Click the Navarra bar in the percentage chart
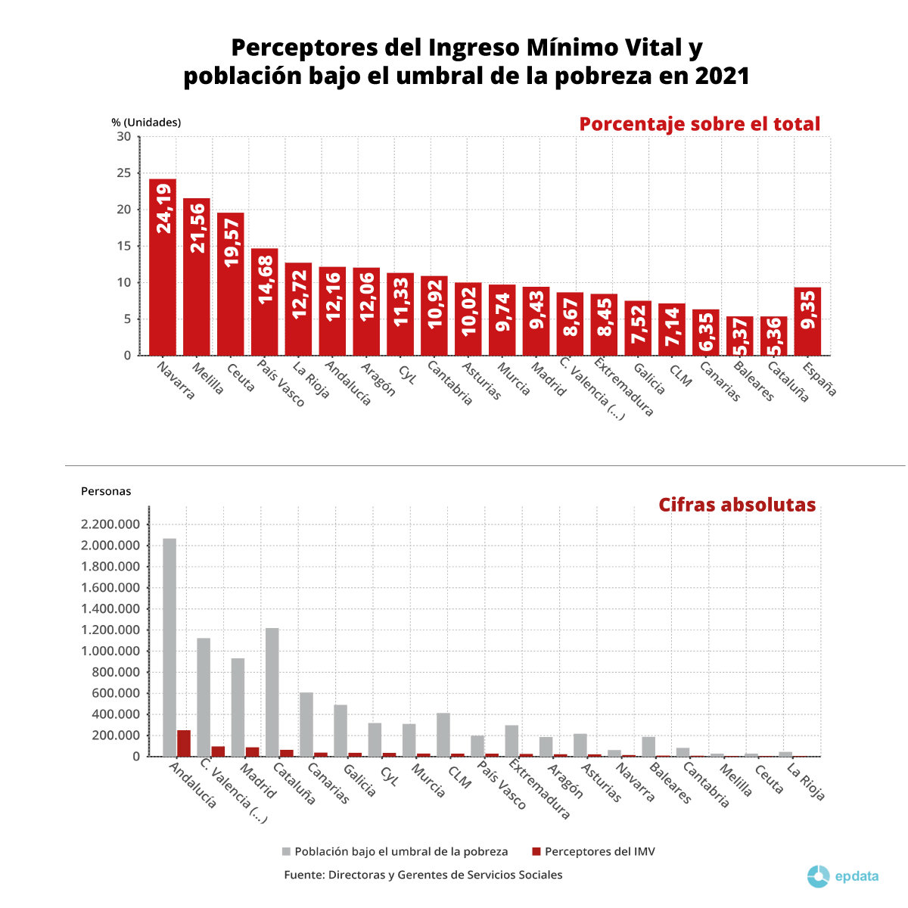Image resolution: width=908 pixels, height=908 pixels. point(163,267)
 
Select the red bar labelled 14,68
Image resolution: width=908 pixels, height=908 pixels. point(265,302)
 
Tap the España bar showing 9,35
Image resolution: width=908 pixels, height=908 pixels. point(807,322)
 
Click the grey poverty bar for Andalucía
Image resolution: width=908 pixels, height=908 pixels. point(169,647)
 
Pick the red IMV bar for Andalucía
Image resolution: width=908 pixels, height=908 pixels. point(184,743)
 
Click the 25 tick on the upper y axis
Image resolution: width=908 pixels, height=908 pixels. point(123,173)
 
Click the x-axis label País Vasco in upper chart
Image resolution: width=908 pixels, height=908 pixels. point(280,383)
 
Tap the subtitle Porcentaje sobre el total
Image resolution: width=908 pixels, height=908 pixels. point(699,124)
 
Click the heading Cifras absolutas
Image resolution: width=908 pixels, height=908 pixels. point(736,505)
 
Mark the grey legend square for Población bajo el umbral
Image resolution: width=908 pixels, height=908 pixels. point(286,852)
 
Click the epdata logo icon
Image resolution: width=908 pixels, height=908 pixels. point(818,876)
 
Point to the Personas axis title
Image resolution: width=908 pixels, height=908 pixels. point(106,491)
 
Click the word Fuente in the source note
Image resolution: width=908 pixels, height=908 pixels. point(303,875)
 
